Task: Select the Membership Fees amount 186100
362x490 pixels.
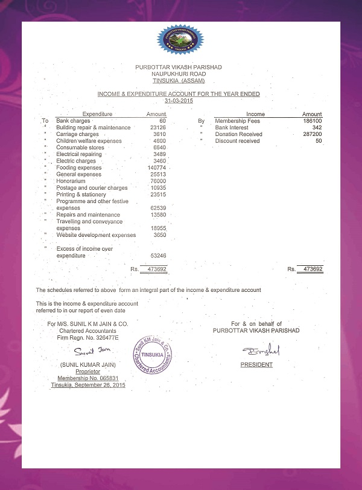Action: coord(312,121)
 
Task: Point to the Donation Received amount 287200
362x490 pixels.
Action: coord(312,134)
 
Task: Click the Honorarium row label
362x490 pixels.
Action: coord(71,181)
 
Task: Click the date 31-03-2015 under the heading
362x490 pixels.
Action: coord(179,101)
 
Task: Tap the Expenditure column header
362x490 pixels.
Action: coord(97,114)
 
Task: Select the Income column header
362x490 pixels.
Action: coord(255,114)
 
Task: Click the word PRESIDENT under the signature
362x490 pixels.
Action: coord(256,365)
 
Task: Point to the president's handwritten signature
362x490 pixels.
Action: coord(258,351)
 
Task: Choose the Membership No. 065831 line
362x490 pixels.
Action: coord(87,378)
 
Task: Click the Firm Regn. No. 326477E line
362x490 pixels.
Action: coord(87,338)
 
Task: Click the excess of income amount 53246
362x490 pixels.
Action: coord(158,256)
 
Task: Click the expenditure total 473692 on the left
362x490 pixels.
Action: coord(154,269)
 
